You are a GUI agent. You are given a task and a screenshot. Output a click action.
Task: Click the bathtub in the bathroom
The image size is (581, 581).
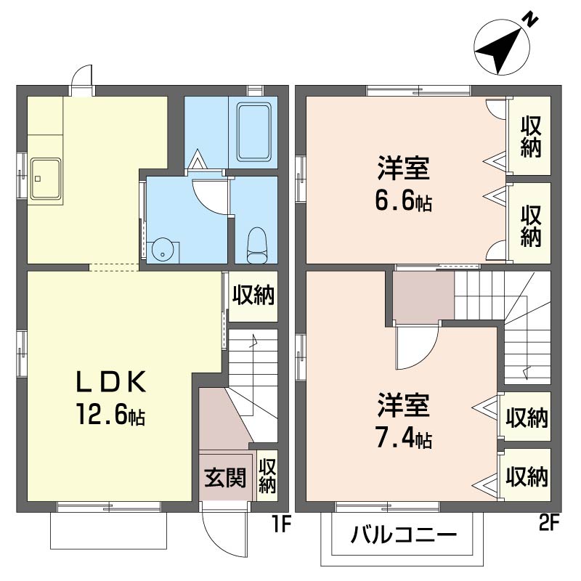pyautogui.click(x=253, y=132)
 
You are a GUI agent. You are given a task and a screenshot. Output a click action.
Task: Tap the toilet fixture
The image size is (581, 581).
pyautogui.click(x=256, y=245)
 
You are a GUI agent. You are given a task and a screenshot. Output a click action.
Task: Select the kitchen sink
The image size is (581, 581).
pyautogui.click(x=46, y=179)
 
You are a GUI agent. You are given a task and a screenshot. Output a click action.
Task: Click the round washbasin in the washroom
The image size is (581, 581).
pyautogui.click(x=162, y=251)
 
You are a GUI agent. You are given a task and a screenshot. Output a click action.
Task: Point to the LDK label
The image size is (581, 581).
pyautogui.click(x=111, y=382)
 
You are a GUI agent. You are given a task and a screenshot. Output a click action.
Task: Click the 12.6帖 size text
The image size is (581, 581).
pyautogui.click(x=111, y=414)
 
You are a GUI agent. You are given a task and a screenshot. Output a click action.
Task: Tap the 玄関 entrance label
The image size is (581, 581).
pyautogui.click(x=226, y=477)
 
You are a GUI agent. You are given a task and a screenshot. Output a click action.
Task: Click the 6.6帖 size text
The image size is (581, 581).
pyautogui.click(x=404, y=201)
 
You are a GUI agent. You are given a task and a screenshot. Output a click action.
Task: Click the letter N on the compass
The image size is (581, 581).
pyautogui.click(x=531, y=21)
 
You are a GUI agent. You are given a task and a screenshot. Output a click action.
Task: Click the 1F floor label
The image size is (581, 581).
pyautogui.click(x=282, y=524)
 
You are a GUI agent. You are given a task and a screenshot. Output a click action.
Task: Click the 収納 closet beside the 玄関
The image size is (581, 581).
pyautogui.click(x=267, y=476)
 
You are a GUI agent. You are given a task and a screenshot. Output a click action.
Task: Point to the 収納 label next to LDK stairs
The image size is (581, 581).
pyautogui.click(x=253, y=295)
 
